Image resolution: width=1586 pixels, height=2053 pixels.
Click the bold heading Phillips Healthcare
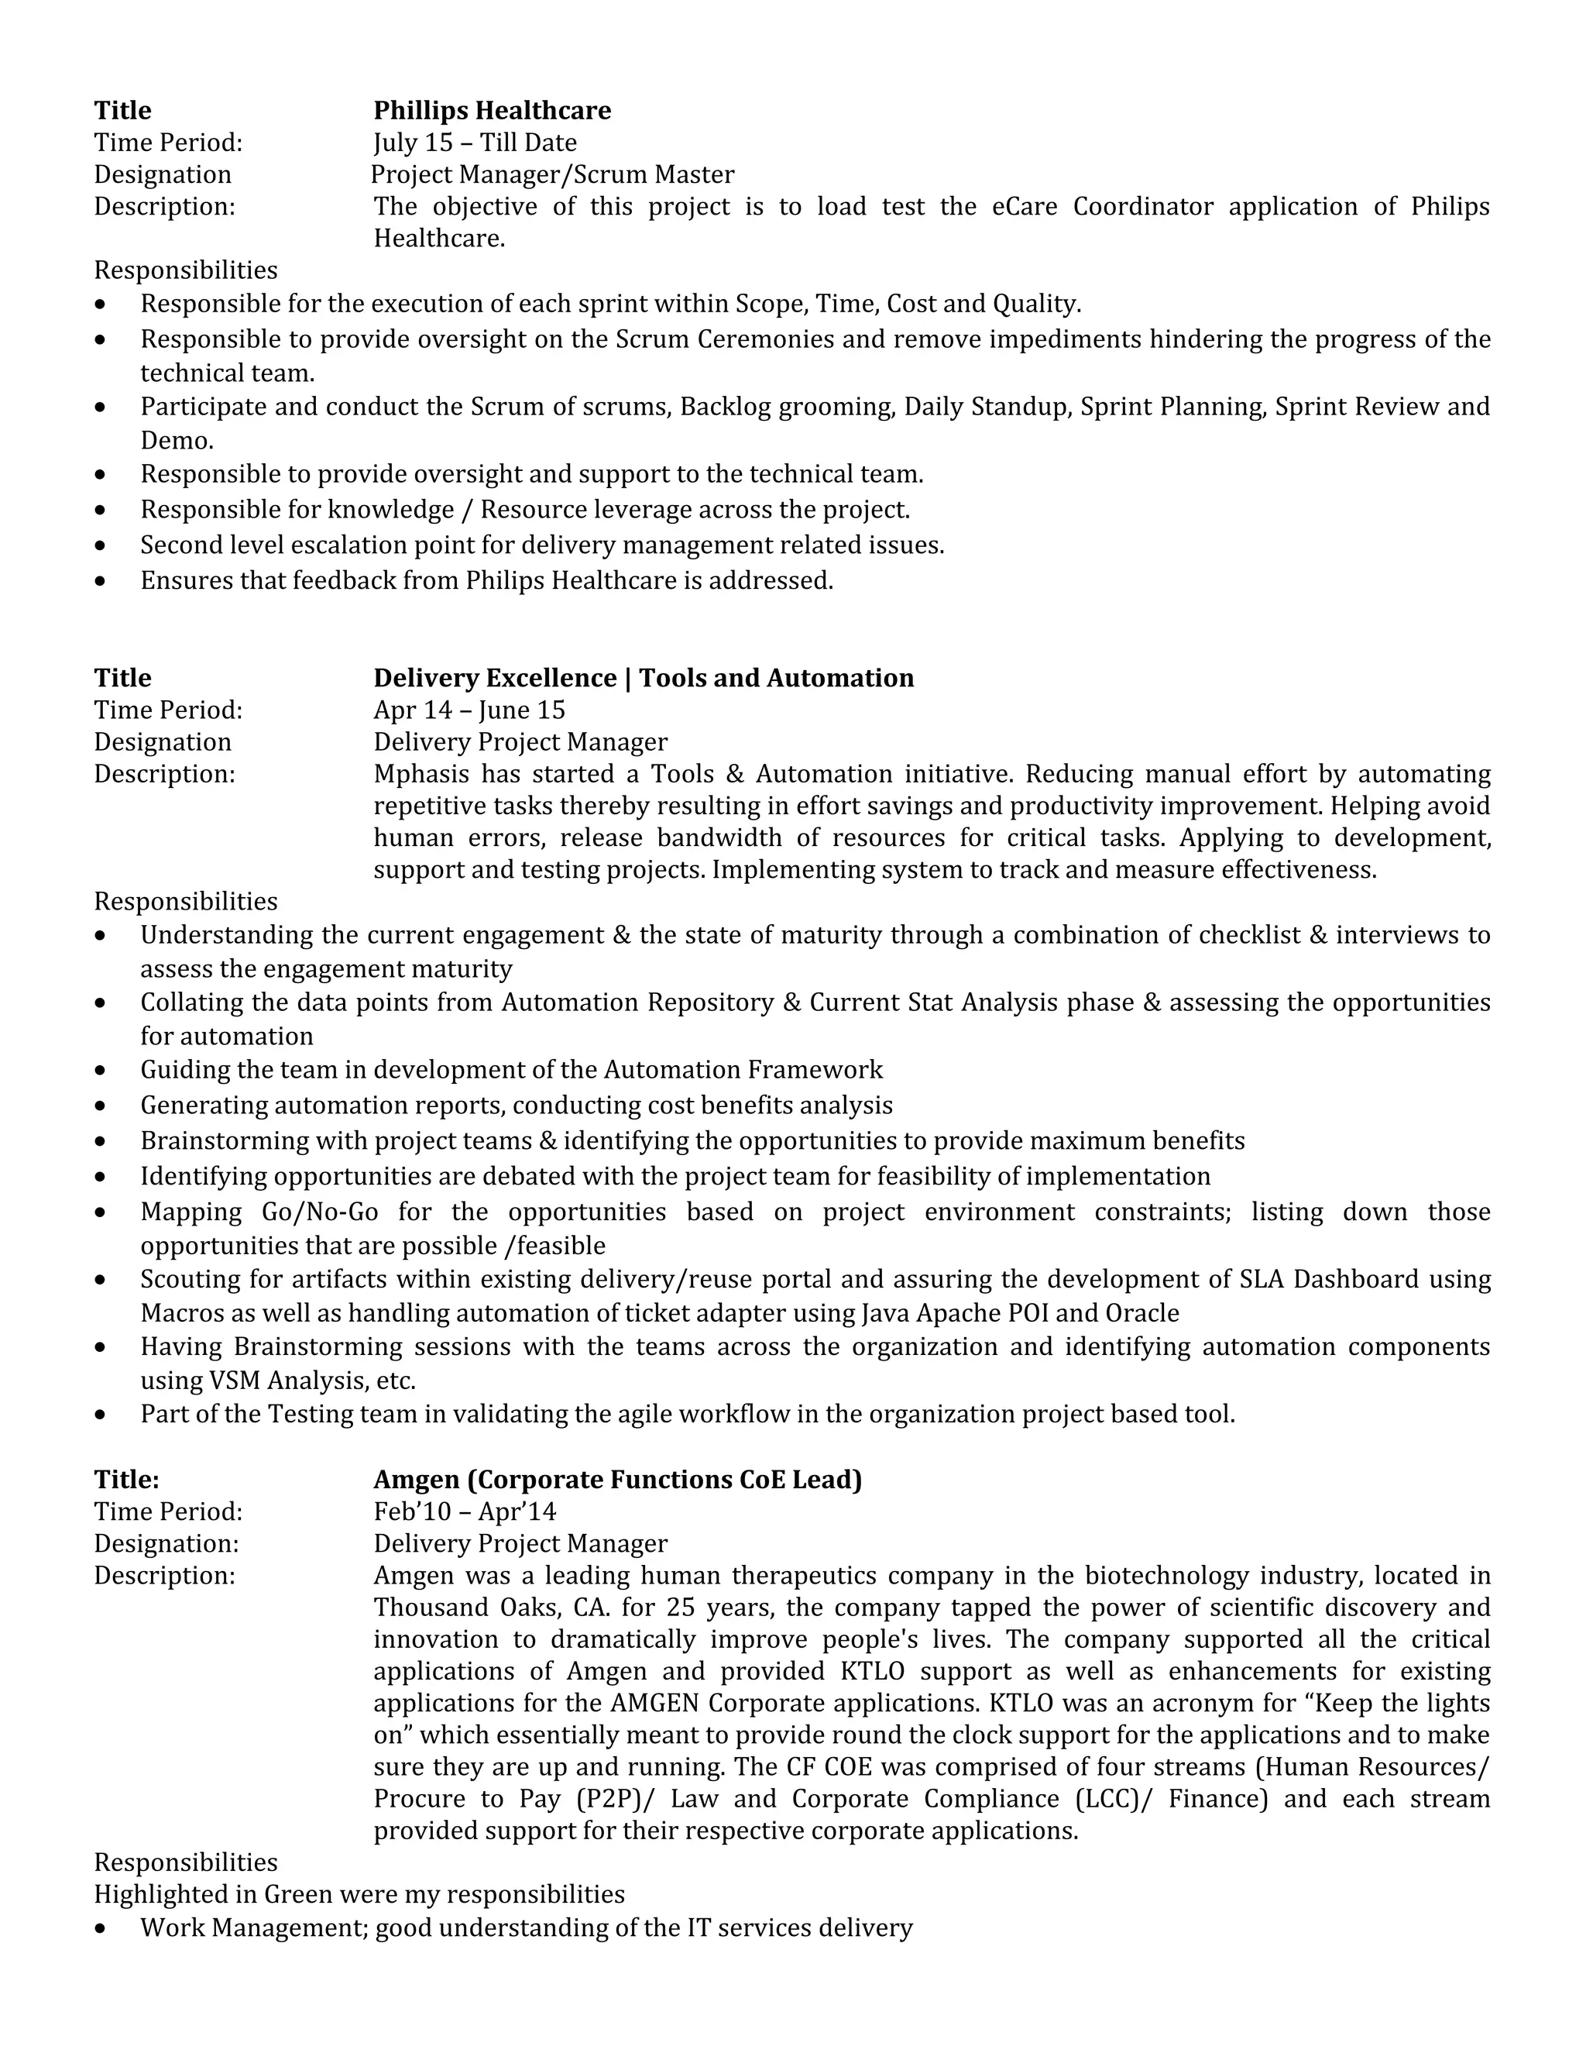point(492,111)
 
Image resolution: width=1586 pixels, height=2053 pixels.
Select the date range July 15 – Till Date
point(475,143)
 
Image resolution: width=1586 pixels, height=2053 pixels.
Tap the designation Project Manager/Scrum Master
point(551,175)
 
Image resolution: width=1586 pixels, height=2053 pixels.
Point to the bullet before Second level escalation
point(101,546)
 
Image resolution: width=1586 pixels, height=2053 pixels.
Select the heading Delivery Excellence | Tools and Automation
point(643,679)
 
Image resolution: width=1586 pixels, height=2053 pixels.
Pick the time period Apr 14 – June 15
point(469,710)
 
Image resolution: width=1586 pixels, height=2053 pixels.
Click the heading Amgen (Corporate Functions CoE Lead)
point(617,1480)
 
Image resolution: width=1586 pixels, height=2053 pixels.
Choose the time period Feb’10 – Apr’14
point(464,1511)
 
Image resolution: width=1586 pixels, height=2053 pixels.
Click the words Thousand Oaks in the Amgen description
point(461,1608)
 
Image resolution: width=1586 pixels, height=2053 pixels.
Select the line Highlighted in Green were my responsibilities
point(359,1894)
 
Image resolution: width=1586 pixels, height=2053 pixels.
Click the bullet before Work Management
point(101,1929)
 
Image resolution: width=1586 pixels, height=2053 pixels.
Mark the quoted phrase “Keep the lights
point(1391,1704)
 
